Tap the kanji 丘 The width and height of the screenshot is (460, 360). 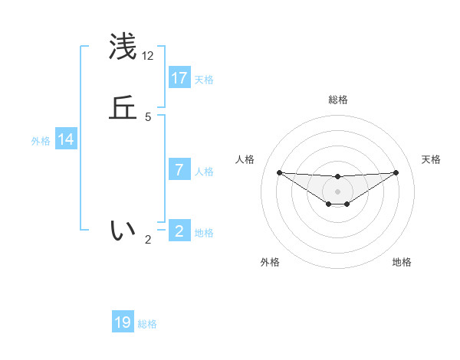tap(123, 108)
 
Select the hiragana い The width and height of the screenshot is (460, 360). tap(123, 230)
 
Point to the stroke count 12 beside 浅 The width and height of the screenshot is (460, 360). tap(148, 56)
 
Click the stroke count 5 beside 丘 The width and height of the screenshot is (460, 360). tap(148, 117)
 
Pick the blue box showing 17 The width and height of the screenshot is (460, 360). tap(179, 78)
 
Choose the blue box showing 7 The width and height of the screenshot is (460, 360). tap(179, 170)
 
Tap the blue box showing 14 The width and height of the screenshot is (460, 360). tap(66, 139)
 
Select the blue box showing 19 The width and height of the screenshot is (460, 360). tap(123, 322)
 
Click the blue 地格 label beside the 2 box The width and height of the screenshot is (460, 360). tap(204, 233)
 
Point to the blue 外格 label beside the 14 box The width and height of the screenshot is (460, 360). tap(41, 141)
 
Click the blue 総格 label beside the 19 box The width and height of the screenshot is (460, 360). tap(147, 324)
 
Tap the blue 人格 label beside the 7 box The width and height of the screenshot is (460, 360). tap(204, 172)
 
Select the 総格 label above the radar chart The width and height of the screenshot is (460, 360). tap(338, 100)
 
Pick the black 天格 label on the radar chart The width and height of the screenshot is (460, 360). tap(432, 159)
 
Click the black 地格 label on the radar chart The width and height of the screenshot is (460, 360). tap(402, 262)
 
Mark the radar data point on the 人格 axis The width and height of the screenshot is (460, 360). tap(279, 172)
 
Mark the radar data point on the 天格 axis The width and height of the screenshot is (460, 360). tap(396, 172)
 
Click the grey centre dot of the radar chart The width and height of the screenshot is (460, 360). tap(338, 191)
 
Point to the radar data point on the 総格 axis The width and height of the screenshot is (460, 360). tap(338, 177)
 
